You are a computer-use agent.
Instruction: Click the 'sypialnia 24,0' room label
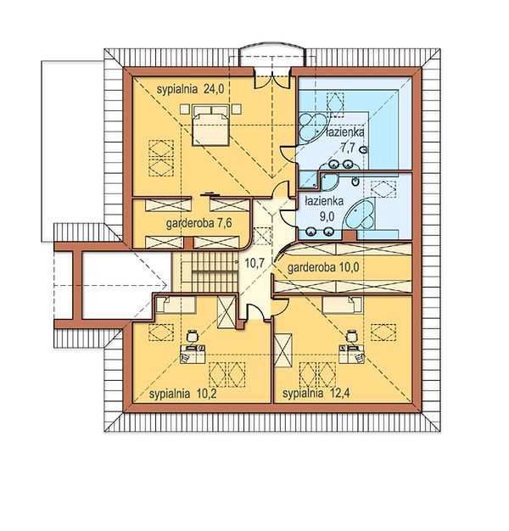[190, 89]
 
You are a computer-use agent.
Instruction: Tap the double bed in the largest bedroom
[210, 126]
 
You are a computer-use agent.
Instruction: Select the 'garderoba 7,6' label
[199, 223]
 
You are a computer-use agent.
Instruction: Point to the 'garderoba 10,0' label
[322, 267]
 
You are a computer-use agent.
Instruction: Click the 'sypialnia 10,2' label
[182, 394]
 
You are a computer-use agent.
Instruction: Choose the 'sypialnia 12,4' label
[316, 394]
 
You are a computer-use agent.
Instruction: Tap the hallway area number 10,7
[255, 262]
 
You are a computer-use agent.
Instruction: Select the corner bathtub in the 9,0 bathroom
[360, 214]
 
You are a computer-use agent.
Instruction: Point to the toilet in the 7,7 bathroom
[364, 149]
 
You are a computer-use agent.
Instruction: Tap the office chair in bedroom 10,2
[192, 335]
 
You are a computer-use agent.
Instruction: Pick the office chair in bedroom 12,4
[351, 335]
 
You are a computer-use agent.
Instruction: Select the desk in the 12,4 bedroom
[351, 354]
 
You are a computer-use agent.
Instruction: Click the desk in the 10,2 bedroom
[193, 354]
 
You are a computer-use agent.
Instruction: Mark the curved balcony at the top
[272, 54]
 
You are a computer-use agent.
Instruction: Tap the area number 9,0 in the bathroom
[327, 216]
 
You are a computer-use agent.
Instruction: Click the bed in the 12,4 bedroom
[342, 305]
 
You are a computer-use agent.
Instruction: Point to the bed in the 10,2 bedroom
[176, 305]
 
